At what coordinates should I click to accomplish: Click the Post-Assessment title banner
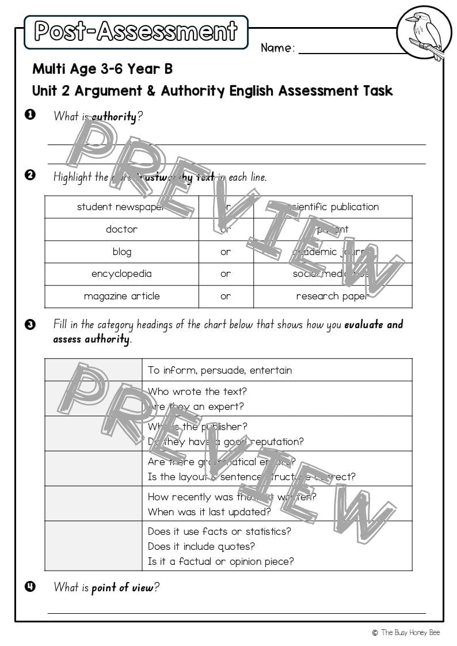(x=136, y=32)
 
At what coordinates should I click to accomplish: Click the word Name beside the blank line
(x=277, y=48)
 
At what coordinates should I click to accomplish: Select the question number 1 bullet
(x=31, y=115)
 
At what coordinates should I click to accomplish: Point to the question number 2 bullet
(x=31, y=175)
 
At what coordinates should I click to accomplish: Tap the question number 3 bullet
(x=31, y=324)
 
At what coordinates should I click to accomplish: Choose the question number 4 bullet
(x=31, y=587)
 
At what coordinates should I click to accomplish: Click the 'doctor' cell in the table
(x=121, y=229)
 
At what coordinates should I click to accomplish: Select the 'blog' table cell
(x=121, y=252)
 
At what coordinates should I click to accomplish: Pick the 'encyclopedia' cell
(x=121, y=274)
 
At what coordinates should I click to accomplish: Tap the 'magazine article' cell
(x=121, y=297)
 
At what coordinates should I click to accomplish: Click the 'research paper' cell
(x=332, y=297)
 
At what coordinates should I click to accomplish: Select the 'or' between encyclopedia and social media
(x=226, y=274)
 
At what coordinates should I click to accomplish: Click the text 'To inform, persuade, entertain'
(x=220, y=370)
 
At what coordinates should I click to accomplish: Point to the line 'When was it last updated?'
(x=209, y=512)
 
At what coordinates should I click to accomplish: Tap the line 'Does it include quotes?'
(x=201, y=546)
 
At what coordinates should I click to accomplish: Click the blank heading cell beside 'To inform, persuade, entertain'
(x=93, y=370)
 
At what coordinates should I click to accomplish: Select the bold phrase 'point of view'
(x=123, y=588)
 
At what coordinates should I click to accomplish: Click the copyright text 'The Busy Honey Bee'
(x=410, y=633)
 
